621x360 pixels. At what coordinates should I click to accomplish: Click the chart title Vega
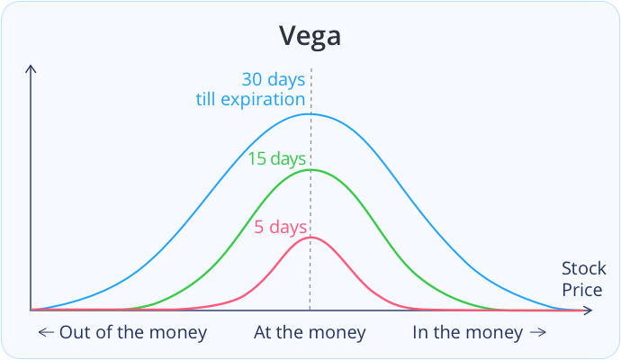pyautogui.click(x=310, y=36)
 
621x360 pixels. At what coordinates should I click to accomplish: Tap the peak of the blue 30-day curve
pyautogui.click(x=309, y=114)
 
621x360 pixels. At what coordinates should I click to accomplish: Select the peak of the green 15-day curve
pyautogui.click(x=310, y=170)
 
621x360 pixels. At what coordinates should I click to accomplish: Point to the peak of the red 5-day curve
pyautogui.click(x=311, y=238)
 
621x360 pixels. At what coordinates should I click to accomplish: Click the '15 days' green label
pyautogui.click(x=277, y=159)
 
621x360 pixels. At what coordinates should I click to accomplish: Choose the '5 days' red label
pyautogui.click(x=281, y=228)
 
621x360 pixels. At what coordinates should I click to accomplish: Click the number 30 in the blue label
pyautogui.click(x=252, y=79)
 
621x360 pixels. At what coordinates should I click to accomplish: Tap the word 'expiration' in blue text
pyautogui.click(x=263, y=100)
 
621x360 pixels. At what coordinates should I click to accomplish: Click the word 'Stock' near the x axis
pyautogui.click(x=584, y=268)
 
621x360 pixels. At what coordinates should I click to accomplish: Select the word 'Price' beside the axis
pyautogui.click(x=582, y=290)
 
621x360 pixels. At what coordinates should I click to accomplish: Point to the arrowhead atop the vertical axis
pyautogui.click(x=31, y=68)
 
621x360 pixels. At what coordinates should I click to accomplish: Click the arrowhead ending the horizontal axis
pyautogui.click(x=588, y=310)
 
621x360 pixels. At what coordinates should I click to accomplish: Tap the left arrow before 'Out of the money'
pyautogui.click(x=46, y=332)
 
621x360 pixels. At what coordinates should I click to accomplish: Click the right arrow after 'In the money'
pyautogui.click(x=538, y=332)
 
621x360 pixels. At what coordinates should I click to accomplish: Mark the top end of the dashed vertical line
pyautogui.click(x=311, y=69)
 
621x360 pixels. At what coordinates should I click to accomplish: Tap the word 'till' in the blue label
pyautogui.click(x=206, y=99)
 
